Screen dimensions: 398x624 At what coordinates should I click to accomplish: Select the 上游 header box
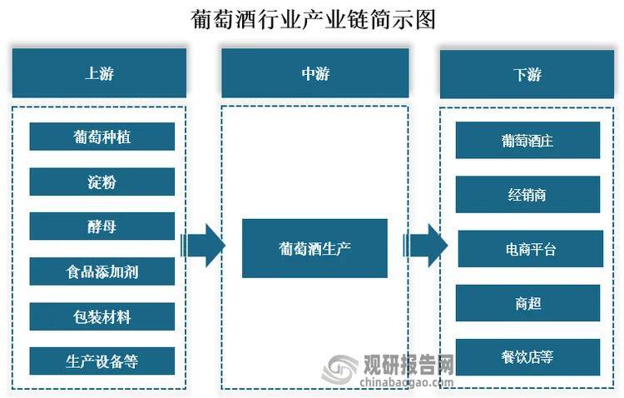coord(99,73)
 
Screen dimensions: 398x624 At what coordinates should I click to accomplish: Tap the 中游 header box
coord(314,73)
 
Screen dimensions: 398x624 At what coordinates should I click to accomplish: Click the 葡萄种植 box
coord(102,137)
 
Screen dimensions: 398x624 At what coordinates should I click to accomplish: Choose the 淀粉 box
coord(102,182)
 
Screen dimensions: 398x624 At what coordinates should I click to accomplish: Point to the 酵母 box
coord(102,226)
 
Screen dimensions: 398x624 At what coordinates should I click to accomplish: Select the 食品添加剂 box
coord(102,271)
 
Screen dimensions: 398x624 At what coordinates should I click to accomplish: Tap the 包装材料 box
coord(102,316)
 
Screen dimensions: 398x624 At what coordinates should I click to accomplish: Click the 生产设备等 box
coord(102,361)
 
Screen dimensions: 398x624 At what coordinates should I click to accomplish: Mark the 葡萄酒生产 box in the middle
coord(314,248)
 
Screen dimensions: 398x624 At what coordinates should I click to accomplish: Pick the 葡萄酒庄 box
coord(527,140)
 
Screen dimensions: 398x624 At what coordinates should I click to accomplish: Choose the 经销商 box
coord(527,194)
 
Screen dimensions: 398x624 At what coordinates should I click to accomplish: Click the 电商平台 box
coord(530,248)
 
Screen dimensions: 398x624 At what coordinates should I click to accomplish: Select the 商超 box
coord(527,303)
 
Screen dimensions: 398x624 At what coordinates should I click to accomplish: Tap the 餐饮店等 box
coord(527,357)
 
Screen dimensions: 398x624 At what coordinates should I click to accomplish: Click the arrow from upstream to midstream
coord(203,245)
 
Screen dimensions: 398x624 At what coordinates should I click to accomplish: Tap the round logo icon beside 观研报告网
coord(340,369)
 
